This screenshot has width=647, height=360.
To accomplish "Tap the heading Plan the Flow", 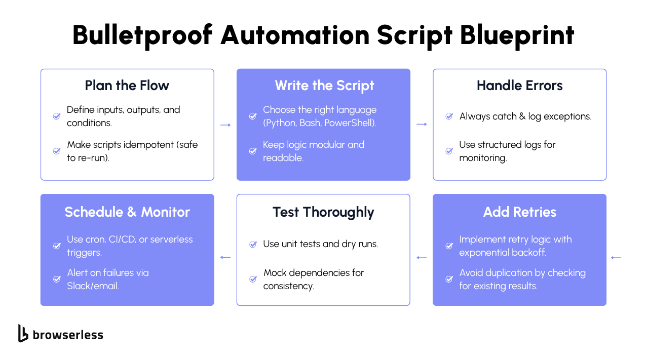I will click(x=127, y=86).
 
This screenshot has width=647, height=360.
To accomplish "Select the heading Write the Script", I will click(x=324, y=86).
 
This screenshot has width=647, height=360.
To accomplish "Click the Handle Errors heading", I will click(x=519, y=86).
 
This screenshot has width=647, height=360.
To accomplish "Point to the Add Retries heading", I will click(x=519, y=212).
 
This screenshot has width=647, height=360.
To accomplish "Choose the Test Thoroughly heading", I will click(x=323, y=212).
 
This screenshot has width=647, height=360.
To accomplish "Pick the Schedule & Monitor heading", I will click(x=127, y=212).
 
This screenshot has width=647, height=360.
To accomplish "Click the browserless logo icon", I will click(x=23, y=333).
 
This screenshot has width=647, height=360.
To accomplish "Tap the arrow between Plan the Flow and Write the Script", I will click(x=225, y=125).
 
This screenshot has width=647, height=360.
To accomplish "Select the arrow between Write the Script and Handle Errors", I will click(x=422, y=125).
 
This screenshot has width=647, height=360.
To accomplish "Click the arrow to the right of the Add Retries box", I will click(x=616, y=258).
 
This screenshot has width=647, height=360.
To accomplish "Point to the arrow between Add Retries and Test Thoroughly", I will click(x=422, y=258).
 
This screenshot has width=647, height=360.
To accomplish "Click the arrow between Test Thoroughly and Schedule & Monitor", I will click(x=225, y=258).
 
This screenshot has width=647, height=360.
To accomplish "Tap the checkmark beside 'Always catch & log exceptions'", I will click(x=449, y=116).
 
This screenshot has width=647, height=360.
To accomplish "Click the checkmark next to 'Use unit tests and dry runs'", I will click(x=253, y=245).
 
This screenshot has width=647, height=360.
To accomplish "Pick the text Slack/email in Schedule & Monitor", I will click(x=93, y=286).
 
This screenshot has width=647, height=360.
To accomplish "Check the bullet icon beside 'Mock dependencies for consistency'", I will click(x=253, y=279).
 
